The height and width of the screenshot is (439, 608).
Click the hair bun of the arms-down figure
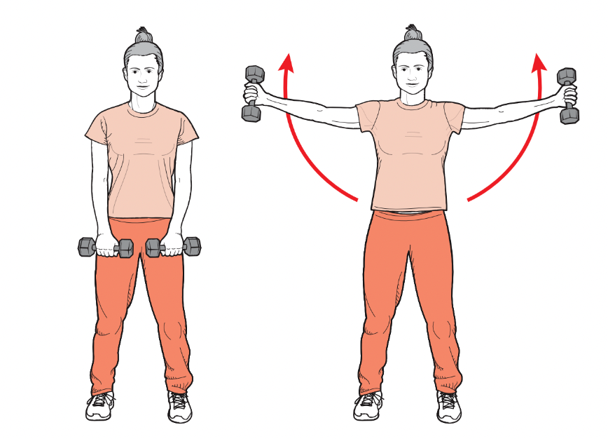pyautogui.click(x=144, y=35)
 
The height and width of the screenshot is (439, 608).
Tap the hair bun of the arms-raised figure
pyautogui.click(x=414, y=32)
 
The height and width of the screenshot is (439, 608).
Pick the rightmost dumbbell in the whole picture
pyautogui.click(x=568, y=95)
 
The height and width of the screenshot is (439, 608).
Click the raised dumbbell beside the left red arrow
pyautogui.click(x=253, y=93)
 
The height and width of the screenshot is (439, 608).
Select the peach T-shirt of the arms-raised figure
pyautogui.click(x=410, y=154)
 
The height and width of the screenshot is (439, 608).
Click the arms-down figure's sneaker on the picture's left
pyautogui.click(x=100, y=406)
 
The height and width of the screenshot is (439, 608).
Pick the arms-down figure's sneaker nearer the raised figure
pyautogui.click(x=180, y=407)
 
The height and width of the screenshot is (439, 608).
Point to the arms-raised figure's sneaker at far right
pyautogui.click(x=448, y=407)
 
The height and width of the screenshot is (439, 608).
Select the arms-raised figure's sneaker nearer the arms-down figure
pyautogui.click(x=368, y=407)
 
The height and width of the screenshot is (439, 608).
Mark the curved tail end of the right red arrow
pyautogui.click(x=469, y=200)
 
